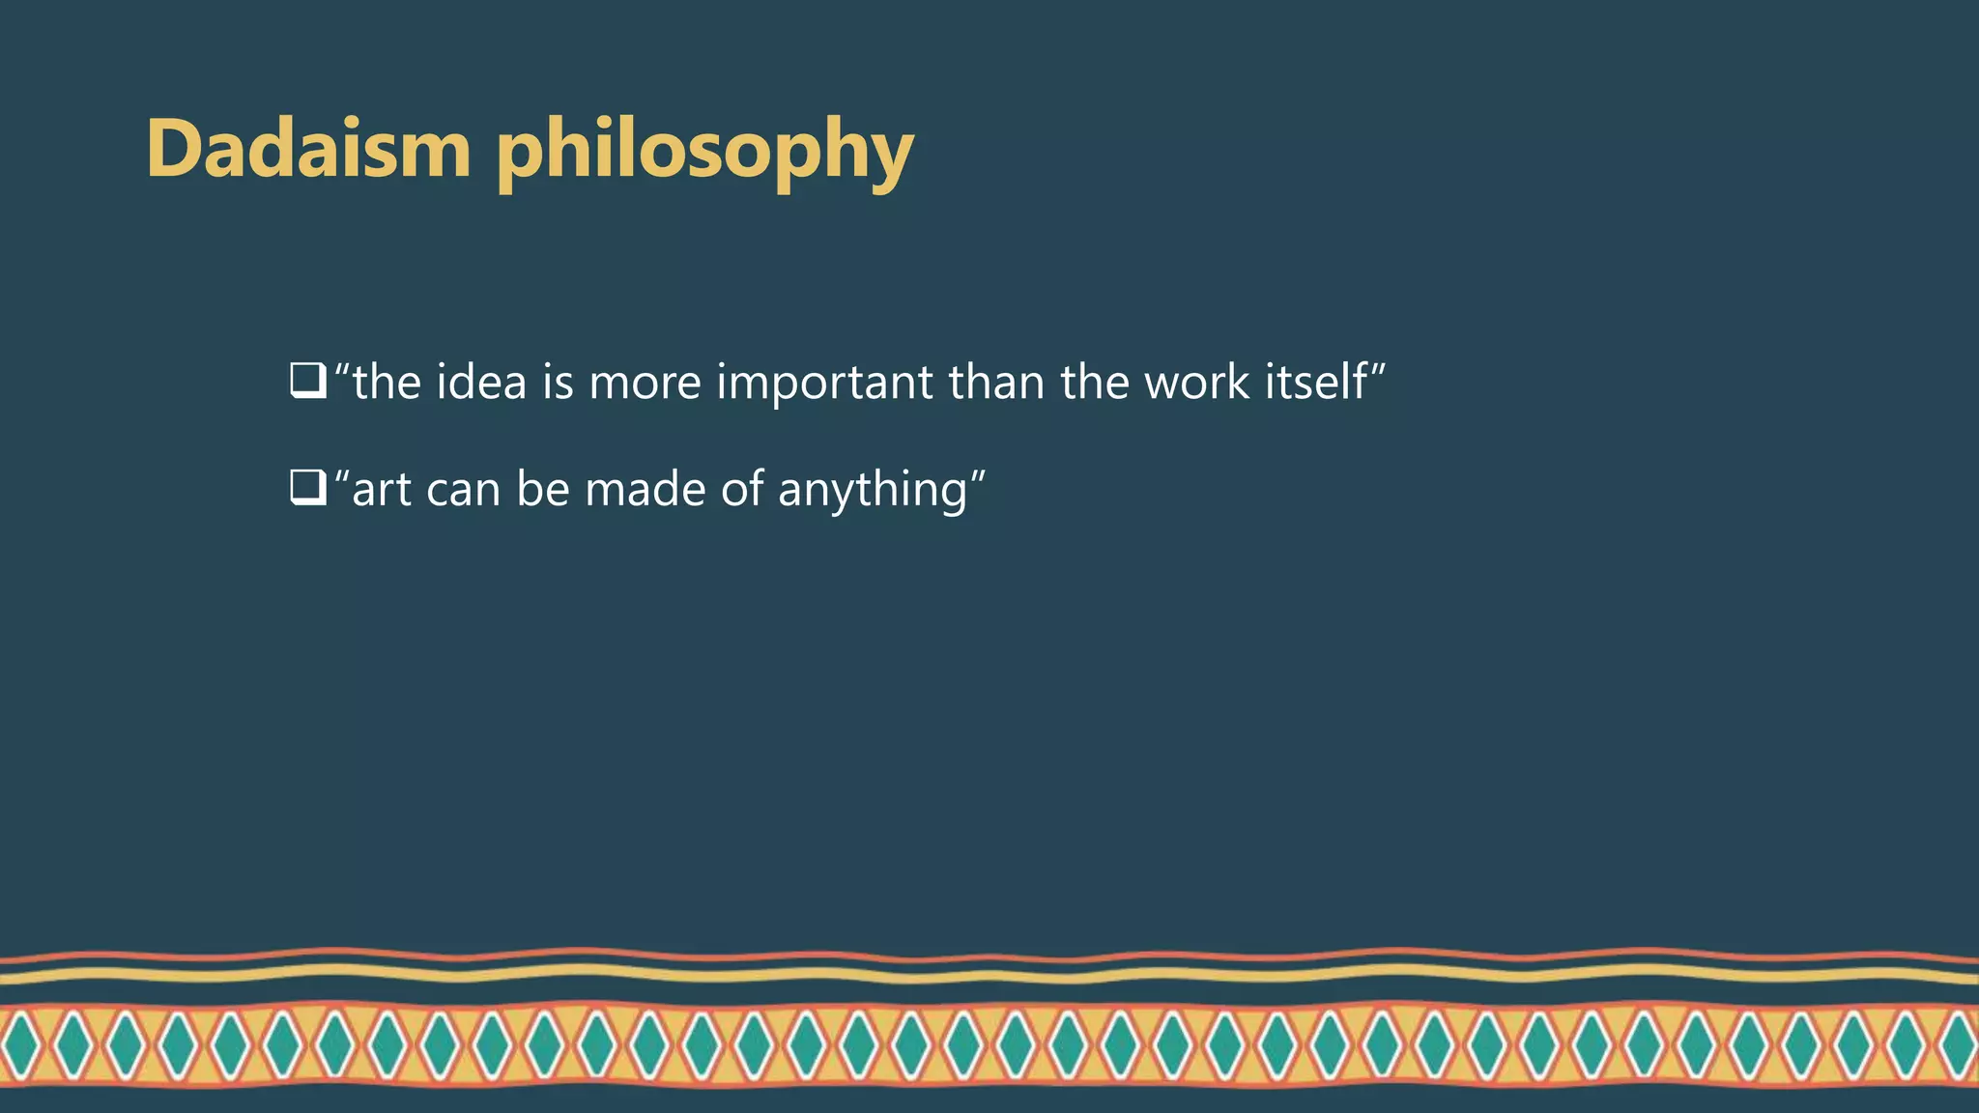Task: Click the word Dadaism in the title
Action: pos(308,149)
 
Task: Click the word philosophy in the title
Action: pos(704,153)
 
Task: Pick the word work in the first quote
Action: pos(1196,382)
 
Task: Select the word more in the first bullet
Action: pos(645,384)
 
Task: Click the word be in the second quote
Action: pos(543,489)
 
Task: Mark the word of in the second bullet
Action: pos(742,489)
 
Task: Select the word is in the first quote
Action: pos(558,382)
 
